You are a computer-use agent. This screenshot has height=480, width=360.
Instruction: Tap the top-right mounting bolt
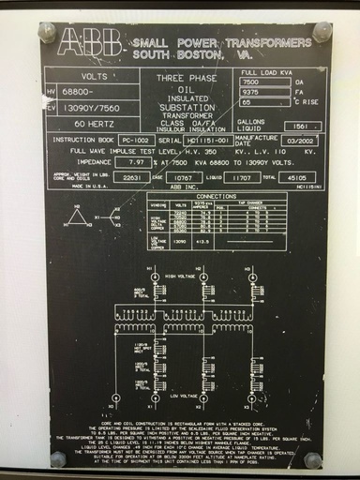[x=322, y=32]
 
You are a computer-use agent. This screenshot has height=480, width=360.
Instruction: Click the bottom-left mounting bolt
[x=57, y=458]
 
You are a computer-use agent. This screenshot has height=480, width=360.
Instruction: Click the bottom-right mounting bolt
[x=313, y=459]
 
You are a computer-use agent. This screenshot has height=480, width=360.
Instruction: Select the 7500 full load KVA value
[x=265, y=82]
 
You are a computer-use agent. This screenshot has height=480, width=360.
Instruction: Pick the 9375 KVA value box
[x=265, y=93]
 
